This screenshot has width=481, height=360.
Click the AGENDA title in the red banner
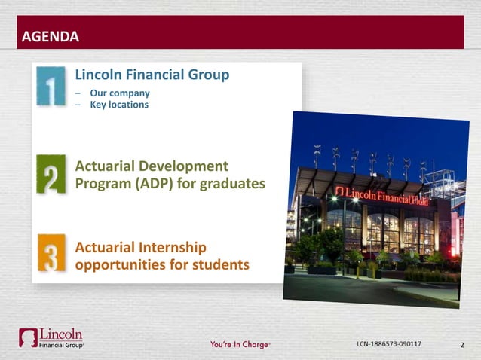click(50, 35)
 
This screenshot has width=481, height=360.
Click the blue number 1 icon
click(50, 87)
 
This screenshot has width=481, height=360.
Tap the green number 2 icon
click(50, 174)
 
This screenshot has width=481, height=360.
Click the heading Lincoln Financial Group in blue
click(152, 75)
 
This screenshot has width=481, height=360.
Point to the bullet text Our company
click(120, 93)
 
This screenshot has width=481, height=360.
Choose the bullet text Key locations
click(119, 105)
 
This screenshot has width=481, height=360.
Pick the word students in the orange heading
click(219, 265)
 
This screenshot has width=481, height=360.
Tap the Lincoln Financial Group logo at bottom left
click(52, 338)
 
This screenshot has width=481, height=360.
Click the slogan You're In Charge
click(239, 345)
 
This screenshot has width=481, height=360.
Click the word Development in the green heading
click(184, 166)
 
